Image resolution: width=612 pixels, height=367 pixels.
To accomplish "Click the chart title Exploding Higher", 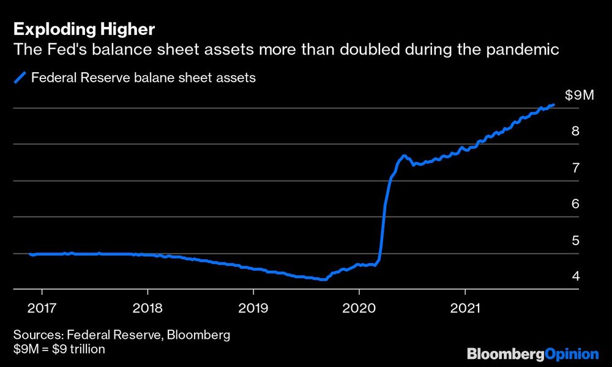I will [84, 29].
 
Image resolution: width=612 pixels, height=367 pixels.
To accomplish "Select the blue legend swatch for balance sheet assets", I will [20, 78].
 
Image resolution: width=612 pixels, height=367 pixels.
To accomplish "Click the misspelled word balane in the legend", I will [138, 78].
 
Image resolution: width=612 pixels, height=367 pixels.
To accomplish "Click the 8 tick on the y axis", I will [575, 131].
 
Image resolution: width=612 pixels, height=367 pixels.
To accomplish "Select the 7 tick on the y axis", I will [575, 168].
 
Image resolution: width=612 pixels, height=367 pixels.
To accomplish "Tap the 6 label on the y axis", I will [575, 204].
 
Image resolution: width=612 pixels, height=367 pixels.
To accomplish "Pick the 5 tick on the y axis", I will [575, 240].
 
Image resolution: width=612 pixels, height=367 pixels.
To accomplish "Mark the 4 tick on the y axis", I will [575, 276].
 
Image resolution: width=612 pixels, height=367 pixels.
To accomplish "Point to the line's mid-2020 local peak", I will [405, 156].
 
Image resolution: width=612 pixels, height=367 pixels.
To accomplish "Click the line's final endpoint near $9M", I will [553, 105].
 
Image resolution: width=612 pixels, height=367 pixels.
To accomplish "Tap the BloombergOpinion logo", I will [532, 354].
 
